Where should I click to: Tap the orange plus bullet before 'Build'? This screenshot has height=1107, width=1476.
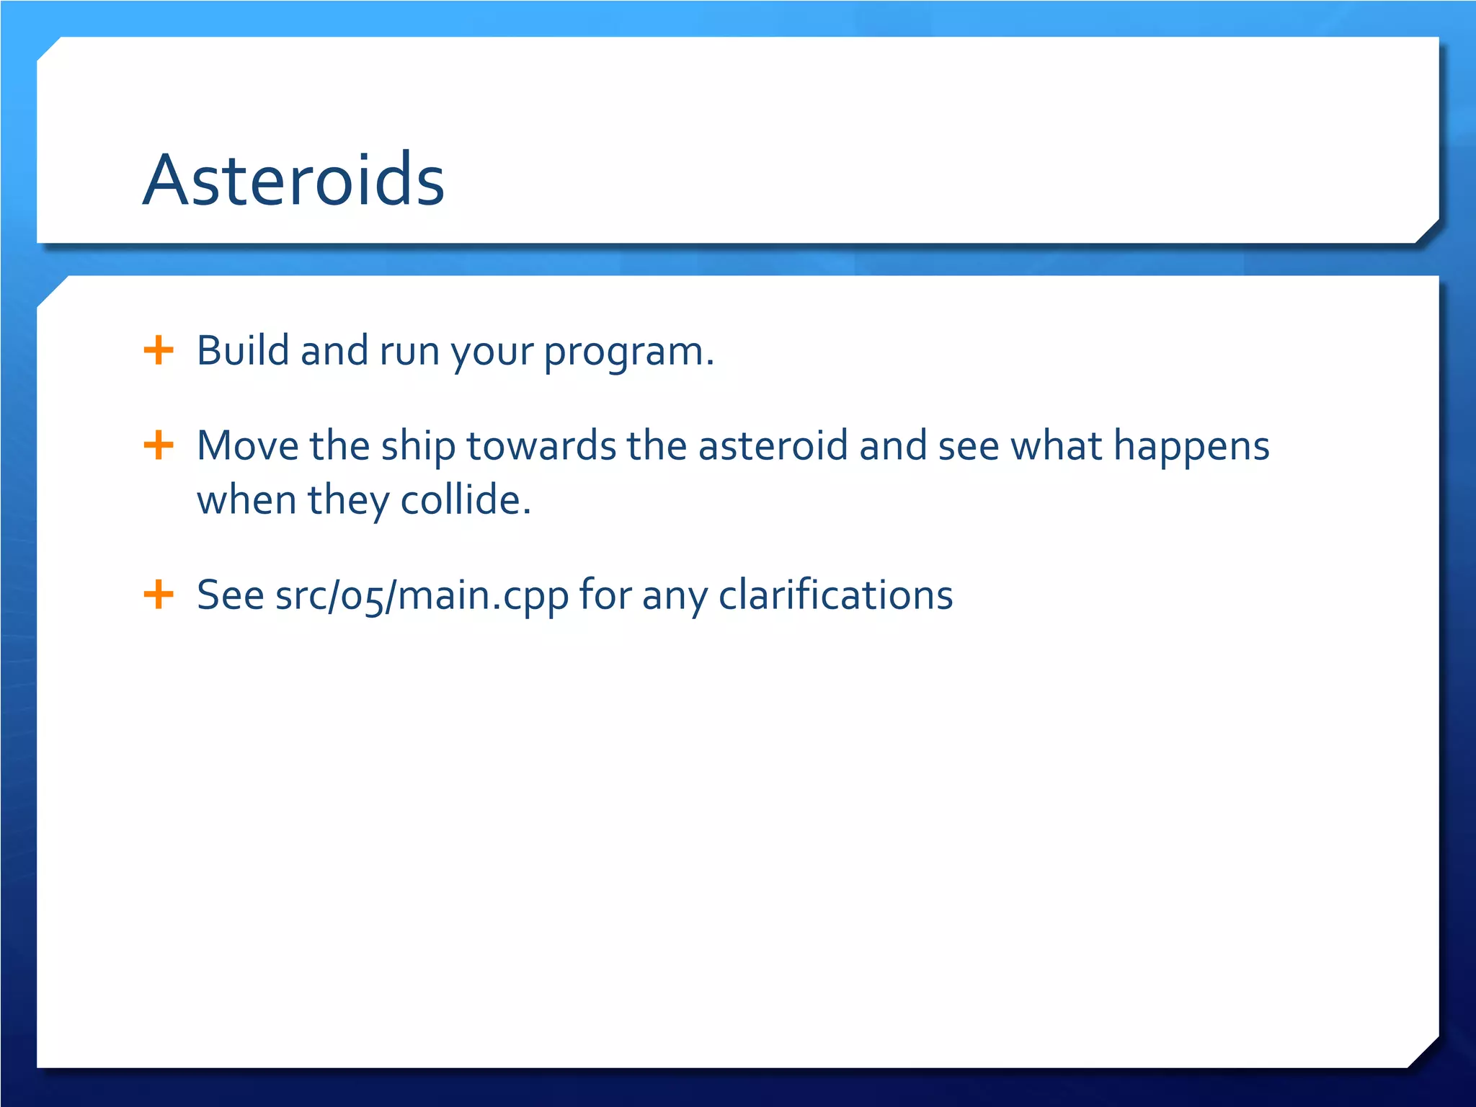pyautogui.click(x=159, y=351)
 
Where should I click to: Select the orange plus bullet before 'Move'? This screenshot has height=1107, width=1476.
pyautogui.click(x=159, y=445)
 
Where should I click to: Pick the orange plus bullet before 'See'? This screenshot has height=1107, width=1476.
pyautogui.click(x=159, y=595)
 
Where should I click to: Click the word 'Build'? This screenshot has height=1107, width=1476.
pyautogui.click(x=243, y=351)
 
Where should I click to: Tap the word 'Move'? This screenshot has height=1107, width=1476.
pyautogui.click(x=248, y=445)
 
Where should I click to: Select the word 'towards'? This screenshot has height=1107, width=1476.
pyautogui.click(x=541, y=445)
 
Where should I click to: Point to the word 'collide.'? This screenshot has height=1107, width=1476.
pyautogui.click(x=466, y=499)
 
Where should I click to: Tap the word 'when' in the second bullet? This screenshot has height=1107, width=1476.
pyautogui.click(x=247, y=499)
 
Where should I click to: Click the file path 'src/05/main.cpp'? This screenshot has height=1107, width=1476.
pyautogui.click(x=422, y=597)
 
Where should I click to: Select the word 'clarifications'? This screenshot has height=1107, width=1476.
pyautogui.click(x=836, y=595)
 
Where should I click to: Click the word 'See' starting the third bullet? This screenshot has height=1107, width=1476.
pyautogui.click(x=231, y=595)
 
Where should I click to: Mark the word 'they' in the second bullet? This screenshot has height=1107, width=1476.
pyautogui.click(x=349, y=502)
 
